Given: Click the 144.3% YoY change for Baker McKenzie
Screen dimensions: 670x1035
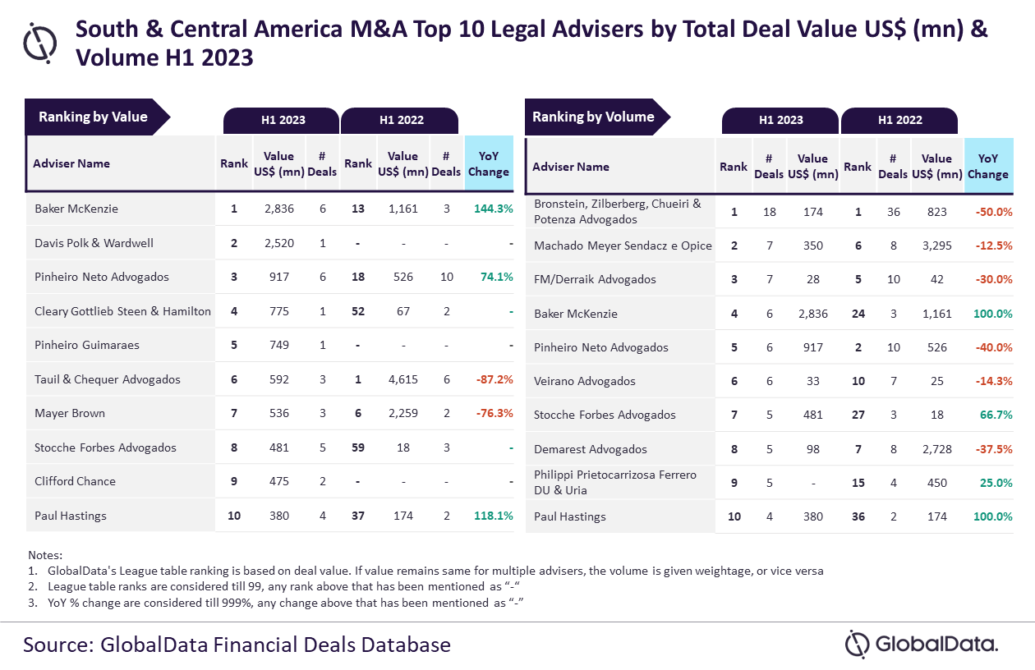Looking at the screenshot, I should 493,209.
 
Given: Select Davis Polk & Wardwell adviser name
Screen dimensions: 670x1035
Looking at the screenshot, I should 94,243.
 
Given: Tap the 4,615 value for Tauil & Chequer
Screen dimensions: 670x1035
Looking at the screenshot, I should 403,379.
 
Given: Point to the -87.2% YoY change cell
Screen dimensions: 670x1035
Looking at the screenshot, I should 493,379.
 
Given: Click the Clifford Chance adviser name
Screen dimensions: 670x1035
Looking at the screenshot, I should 75,481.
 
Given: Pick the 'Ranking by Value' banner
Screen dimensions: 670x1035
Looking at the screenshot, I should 94,117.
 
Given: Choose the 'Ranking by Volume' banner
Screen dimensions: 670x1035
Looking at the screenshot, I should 593,117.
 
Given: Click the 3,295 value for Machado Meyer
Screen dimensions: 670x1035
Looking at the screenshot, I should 936,246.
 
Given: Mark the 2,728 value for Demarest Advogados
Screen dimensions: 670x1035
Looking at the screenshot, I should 936,449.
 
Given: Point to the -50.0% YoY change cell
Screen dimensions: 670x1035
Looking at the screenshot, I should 991,212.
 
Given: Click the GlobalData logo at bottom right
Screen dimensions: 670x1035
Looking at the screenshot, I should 922,644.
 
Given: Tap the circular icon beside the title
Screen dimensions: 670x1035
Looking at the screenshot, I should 40,42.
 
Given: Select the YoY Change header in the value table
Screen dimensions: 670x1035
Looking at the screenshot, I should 488,163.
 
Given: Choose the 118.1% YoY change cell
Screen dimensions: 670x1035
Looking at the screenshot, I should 493,516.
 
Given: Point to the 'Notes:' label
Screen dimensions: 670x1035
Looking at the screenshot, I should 44,555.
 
